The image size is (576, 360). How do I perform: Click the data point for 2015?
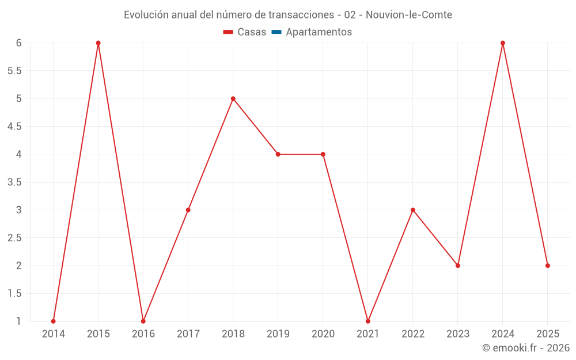coord(98,43)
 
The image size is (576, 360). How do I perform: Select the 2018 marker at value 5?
coord(233,98)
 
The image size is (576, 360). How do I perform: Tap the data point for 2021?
coord(368,321)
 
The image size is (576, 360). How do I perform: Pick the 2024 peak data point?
coord(503,43)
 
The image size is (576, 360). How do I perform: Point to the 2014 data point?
coord(54,321)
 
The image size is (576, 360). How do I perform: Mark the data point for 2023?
coord(458,266)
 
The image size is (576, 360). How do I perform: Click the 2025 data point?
coord(548,266)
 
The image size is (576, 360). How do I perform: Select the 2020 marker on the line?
coord(323,154)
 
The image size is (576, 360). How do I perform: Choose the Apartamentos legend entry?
coord(319,32)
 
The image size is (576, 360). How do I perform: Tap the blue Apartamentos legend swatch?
coord(276,32)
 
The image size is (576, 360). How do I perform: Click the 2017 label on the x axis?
coord(188,334)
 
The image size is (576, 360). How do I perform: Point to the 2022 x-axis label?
coord(413,334)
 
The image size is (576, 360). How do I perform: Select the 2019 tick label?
coord(278,334)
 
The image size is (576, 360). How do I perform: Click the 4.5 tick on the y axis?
coord(14,127)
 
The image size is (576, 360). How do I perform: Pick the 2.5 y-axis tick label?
coord(14,238)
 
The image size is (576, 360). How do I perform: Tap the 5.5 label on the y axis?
coord(14,71)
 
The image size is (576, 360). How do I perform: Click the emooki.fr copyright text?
coord(526,348)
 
